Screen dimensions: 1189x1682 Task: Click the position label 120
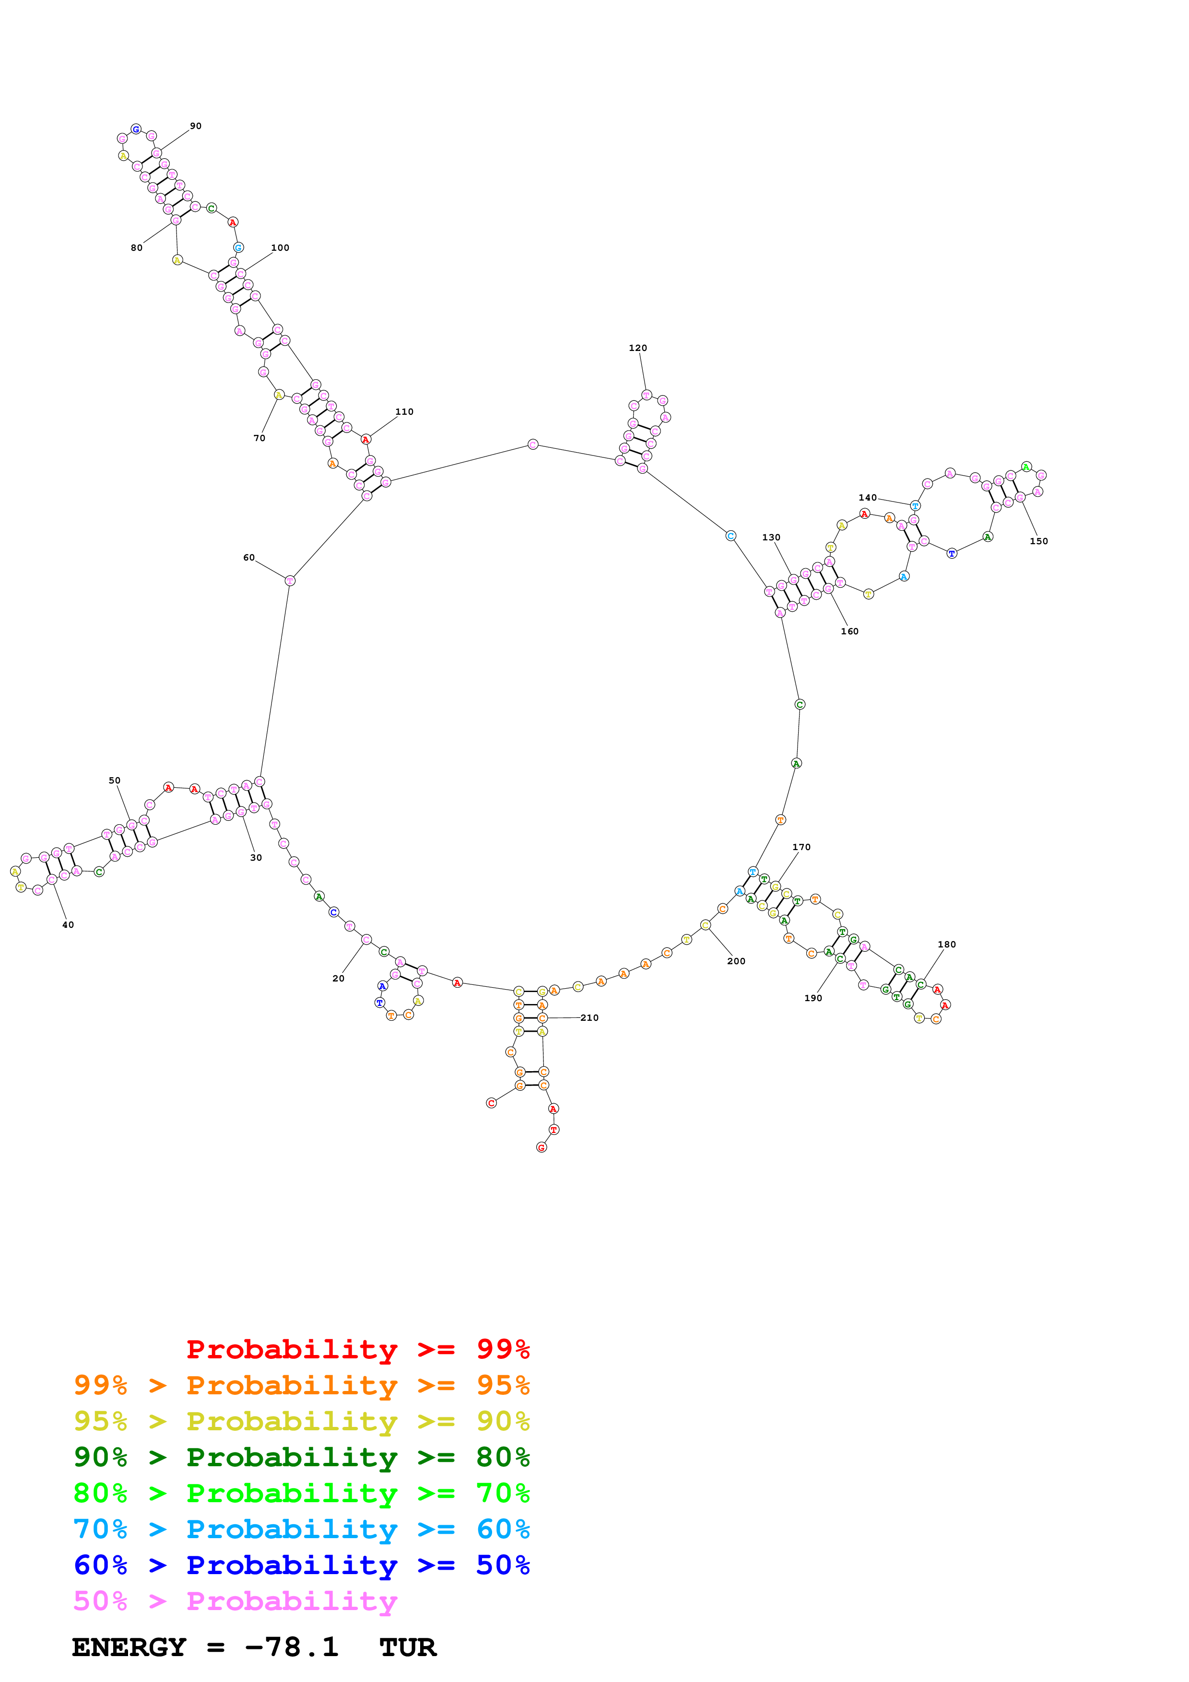pos(637,348)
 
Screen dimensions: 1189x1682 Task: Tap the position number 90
pos(196,126)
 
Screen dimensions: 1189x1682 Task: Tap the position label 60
pos(249,558)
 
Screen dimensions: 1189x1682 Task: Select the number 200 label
pos(736,961)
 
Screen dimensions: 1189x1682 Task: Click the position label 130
pos(771,537)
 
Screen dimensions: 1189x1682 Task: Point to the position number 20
pos(339,978)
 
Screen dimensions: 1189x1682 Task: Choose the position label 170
pos(801,847)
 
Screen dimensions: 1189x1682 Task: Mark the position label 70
pos(259,438)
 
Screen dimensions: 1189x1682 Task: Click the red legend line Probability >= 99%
pos(357,1349)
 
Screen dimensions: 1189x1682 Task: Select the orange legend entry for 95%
pos(301,1385)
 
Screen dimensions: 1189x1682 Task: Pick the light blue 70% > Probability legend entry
pos(301,1529)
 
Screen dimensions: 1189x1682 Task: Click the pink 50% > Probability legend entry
pos(235,1600)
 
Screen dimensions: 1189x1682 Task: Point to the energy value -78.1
pos(292,1647)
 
